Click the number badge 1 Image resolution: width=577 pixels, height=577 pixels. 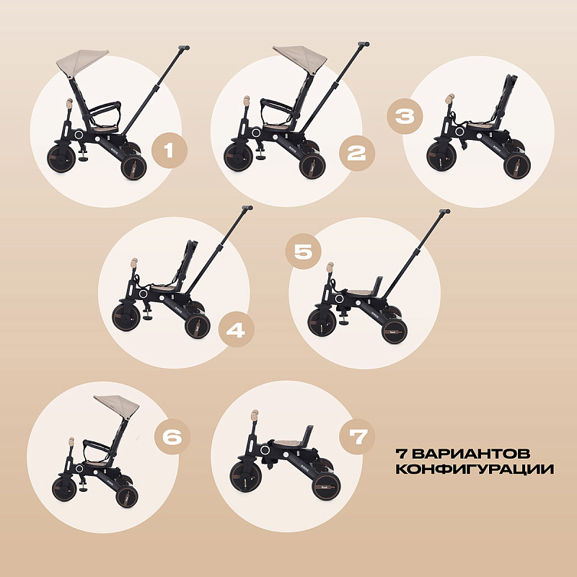coord(169,150)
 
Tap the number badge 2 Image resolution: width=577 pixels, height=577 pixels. coord(356,153)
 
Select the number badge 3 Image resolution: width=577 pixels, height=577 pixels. coord(405,116)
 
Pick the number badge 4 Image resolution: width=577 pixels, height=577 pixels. coord(237,330)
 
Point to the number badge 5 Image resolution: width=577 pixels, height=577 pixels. coord(303,252)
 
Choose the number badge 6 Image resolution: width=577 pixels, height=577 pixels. coord(172,437)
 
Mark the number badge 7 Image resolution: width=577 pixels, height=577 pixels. coord(357,437)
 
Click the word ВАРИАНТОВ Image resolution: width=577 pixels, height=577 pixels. coord(471,454)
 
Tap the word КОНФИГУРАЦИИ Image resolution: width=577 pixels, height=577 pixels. coord(475,470)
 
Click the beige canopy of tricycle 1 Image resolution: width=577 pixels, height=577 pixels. coord(82,62)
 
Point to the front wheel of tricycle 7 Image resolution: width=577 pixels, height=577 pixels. coord(245,477)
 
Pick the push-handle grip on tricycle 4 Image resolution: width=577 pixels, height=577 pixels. coord(247,208)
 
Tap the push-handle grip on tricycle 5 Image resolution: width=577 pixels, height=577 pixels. coord(444,211)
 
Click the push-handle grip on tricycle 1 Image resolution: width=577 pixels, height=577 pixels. coord(184,48)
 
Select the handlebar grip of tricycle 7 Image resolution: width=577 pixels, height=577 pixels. coord(255,416)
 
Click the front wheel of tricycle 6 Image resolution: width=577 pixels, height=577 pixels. coord(64,490)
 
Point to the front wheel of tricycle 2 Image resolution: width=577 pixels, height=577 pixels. coord(239,157)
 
